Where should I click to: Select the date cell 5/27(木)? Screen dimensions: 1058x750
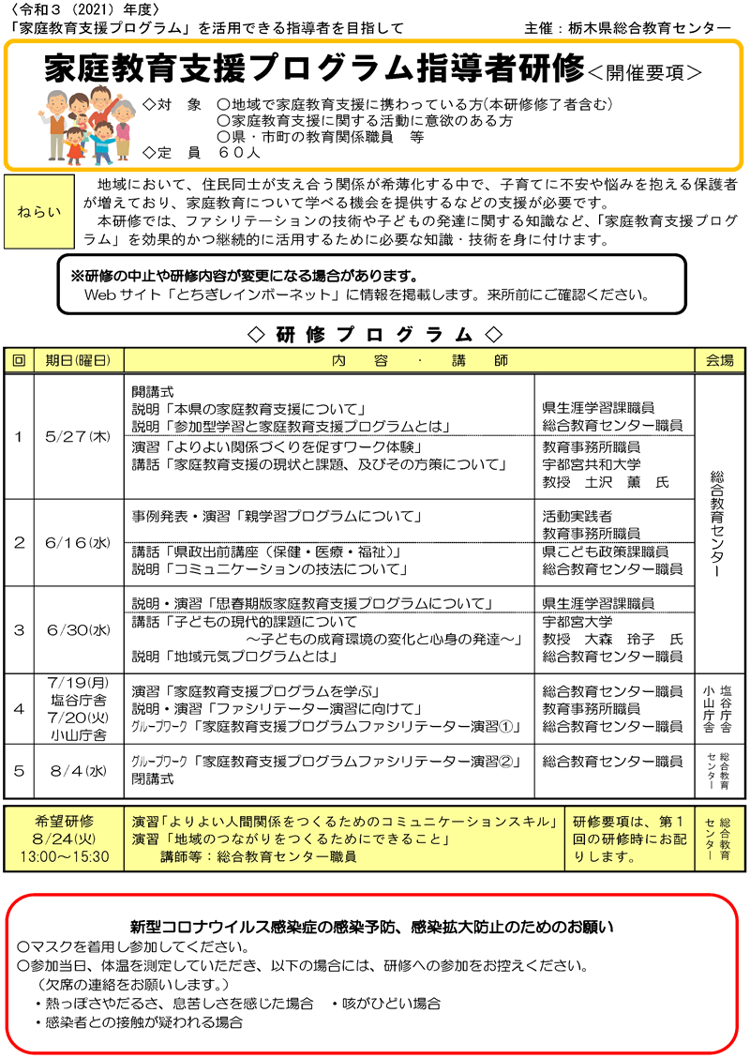tap(79, 437)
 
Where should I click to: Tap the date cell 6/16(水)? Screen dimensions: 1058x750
tap(79, 542)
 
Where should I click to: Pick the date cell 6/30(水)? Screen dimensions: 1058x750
tap(79, 629)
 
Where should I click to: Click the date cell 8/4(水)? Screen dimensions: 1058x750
tap(79, 770)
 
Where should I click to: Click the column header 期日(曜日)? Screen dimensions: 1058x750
tap(79, 360)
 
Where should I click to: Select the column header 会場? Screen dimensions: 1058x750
tap(719, 360)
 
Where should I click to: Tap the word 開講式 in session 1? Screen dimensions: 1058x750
tap(153, 390)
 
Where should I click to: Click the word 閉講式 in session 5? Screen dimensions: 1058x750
tap(153, 778)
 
